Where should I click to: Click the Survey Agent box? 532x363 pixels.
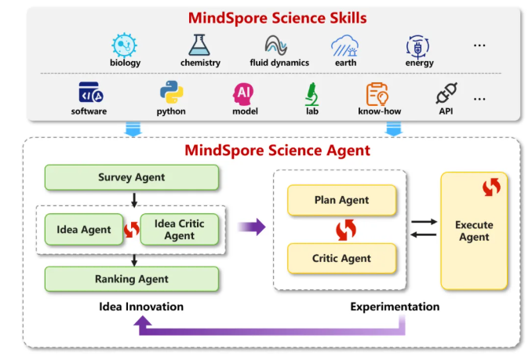(131, 177)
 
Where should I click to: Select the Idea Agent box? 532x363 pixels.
(83, 229)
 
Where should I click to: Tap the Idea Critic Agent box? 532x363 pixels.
(179, 230)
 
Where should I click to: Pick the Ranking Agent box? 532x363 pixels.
(131, 278)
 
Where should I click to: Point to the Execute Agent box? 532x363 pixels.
(474, 231)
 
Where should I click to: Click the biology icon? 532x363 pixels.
(125, 45)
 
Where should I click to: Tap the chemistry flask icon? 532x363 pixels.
(200, 45)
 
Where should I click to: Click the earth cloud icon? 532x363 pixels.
(344, 45)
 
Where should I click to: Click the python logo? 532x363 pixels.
(171, 93)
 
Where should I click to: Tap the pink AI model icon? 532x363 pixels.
(245, 93)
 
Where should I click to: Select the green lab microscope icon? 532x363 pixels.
(312, 93)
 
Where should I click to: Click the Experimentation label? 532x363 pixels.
(394, 307)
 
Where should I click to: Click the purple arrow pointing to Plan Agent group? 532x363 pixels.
(251, 227)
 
